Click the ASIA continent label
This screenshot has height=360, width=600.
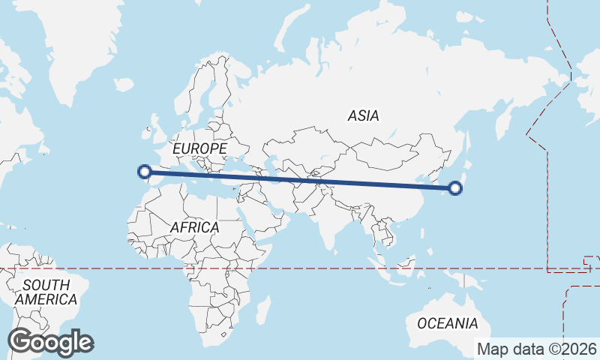(x=363, y=115)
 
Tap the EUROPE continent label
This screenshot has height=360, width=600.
(x=199, y=149)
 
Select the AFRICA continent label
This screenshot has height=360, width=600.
(x=194, y=226)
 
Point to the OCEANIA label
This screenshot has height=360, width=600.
(x=447, y=323)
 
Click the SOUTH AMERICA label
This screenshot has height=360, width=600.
(x=46, y=292)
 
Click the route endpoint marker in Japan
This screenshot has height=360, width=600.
(x=455, y=188)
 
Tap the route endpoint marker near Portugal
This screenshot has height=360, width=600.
(x=144, y=172)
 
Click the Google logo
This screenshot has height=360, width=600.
(x=50, y=342)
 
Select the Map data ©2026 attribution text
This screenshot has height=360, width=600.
(x=537, y=349)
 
